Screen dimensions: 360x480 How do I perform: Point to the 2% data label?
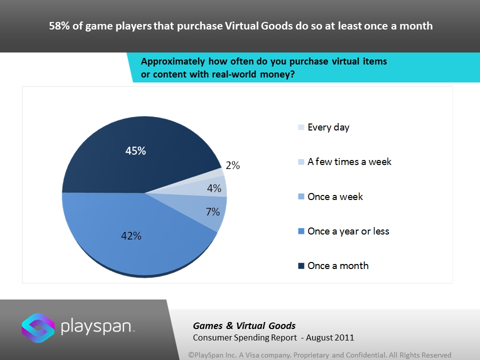point(232,165)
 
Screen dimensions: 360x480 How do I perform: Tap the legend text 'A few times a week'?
point(349,162)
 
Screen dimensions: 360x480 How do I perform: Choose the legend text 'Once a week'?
point(335,196)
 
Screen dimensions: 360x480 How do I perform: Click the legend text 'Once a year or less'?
point(348,231)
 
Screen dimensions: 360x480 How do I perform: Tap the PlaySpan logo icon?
point(38,328)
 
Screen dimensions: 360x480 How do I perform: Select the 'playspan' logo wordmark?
point(97,327)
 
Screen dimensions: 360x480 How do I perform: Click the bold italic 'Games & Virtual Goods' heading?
point(244,326)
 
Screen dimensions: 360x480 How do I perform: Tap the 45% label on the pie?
point(135,150)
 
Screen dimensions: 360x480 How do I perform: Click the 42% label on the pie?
point(130,235)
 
